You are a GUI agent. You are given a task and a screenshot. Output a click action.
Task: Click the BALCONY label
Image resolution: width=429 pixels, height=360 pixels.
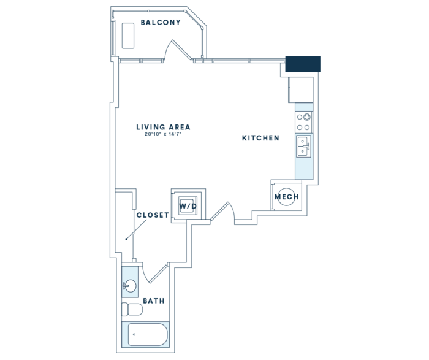(x=161, y=23)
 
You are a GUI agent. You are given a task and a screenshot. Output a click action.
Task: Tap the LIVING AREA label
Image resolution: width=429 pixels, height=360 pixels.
(x=164, y=127)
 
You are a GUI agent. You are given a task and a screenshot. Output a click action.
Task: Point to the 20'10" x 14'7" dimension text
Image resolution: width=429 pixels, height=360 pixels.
(x=164, y=134)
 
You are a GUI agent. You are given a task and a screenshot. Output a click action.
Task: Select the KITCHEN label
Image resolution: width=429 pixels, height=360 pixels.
(x=260, y=138)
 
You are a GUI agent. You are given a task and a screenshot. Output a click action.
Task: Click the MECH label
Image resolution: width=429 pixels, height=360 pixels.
(x=286, y=197)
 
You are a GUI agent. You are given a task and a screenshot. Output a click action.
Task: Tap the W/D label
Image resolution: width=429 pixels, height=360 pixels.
(x=188, y=206)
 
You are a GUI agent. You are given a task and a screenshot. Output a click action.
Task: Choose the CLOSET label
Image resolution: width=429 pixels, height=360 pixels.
(x=153, y=215)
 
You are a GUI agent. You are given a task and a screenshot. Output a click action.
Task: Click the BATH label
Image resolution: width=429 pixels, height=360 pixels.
(x=154, y=301)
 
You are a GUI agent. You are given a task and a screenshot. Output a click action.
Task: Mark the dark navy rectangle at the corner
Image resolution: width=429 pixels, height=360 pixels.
(x=303, y=64)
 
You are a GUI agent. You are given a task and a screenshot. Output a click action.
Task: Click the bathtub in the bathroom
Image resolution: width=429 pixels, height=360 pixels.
(x=145, y=334)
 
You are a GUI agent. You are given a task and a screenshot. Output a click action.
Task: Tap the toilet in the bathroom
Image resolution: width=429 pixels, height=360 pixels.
(x=132, y=309)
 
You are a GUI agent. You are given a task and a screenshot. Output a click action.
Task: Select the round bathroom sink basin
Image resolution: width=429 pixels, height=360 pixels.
(x=130, y=286)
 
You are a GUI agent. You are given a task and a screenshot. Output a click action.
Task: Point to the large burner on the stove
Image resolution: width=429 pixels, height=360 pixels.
(x=307, y=117)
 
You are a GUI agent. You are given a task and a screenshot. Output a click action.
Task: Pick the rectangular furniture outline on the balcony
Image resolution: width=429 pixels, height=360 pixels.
(x=128, y=36)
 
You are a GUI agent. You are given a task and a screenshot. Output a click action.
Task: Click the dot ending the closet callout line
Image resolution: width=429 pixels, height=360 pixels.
(x=126, y=239)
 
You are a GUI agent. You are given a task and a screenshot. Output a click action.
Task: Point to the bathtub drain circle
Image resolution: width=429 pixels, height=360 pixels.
(x=134, y=334)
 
